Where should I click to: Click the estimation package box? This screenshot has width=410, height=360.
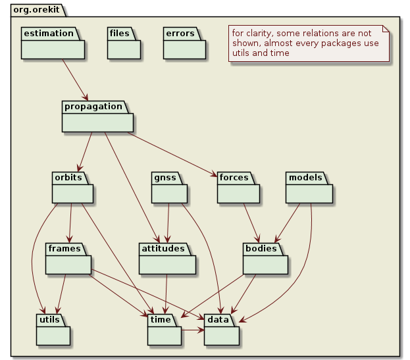(52, 48)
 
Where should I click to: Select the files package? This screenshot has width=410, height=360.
(124, 48)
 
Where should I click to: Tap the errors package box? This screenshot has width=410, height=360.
(184, 48)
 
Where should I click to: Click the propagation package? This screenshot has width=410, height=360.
(97, 121)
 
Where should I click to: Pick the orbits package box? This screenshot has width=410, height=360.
(72, 192)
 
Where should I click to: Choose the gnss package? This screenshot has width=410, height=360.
(170, 192)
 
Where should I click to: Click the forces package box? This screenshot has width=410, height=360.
(238, 192)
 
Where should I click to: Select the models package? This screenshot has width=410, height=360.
(309, 192)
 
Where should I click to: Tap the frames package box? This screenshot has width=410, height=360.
(68, 263)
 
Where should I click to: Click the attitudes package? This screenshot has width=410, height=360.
(167, 263)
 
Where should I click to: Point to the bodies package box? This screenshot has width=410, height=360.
(265, 263)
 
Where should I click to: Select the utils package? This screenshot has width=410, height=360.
(53, 334)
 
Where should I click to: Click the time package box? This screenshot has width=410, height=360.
(164, 334)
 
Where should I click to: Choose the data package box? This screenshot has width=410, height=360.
(222, 334)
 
